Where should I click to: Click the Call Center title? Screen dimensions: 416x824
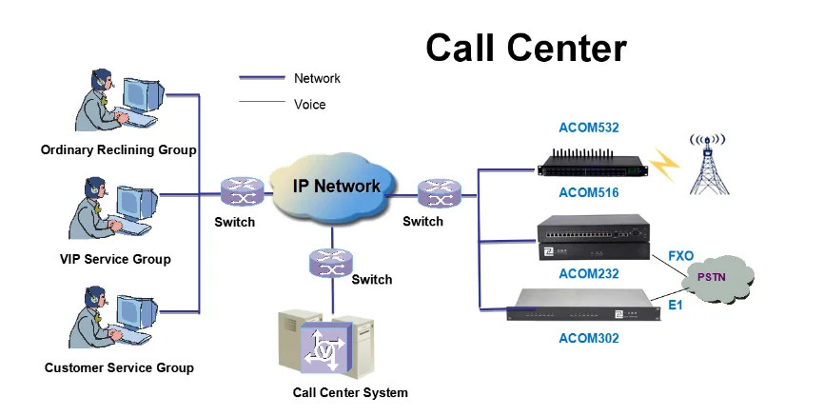click(x=525, y=47)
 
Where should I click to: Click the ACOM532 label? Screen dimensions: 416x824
click(x=588, y=128)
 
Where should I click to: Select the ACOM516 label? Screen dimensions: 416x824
click(x=588, y=192)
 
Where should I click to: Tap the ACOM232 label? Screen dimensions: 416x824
click(x=588, y=273)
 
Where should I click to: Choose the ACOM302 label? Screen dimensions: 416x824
click(x=588, y=338)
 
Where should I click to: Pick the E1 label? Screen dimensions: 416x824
click(x=676, y=306)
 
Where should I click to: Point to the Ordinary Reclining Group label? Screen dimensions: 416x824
click(x=119, y=149)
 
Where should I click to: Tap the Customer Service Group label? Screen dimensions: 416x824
click(x=119, y=367)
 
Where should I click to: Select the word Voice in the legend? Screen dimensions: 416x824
click(x=310, y=104)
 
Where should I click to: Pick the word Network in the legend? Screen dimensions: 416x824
click(x=317, y=78)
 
